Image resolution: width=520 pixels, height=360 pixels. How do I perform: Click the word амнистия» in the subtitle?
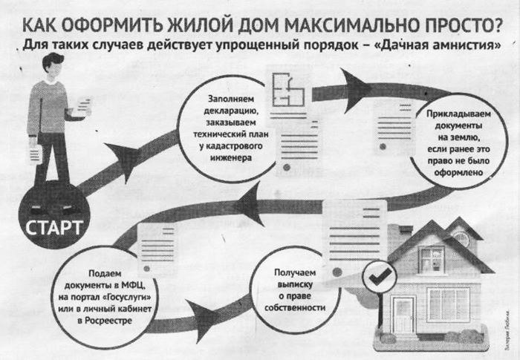(x=464, y=45)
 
